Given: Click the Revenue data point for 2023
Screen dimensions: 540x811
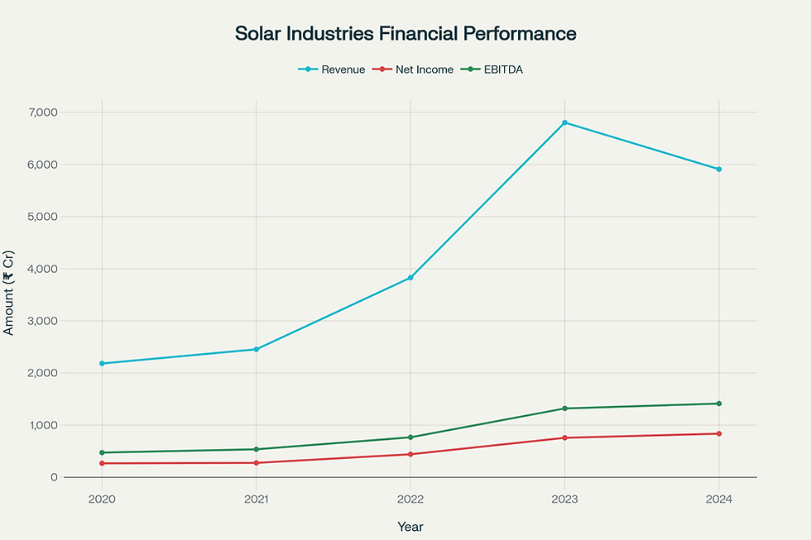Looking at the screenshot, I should tap(564, 122).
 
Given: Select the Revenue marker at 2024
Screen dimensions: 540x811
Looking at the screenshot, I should tap(718, 169).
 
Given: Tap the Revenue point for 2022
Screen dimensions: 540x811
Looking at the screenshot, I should tap(410, 278).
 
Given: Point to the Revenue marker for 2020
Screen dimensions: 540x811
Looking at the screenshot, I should tap(102, 363).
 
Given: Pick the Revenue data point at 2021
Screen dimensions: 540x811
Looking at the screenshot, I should tap(256, 349).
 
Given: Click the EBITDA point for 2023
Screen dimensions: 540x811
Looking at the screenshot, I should tap(564, 409).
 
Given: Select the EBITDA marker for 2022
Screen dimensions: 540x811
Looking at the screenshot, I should tap(410, 437).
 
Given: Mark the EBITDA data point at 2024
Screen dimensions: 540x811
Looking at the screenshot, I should tap(718, 404).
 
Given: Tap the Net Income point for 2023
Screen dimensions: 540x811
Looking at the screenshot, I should tap(564, 437).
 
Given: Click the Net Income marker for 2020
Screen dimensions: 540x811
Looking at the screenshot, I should tap(102, 463).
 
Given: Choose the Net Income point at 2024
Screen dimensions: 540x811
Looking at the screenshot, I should tap(718, 433).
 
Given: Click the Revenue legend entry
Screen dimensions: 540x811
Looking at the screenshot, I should tap(331, 69).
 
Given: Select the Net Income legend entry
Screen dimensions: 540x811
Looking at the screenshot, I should tap(415, 69).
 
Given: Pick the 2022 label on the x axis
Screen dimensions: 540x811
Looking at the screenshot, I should tap(410, 499).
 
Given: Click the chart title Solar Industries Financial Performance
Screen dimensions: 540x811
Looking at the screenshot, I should tap(405, 34).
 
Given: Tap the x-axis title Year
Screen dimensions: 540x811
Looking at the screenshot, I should tap(410, 526).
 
